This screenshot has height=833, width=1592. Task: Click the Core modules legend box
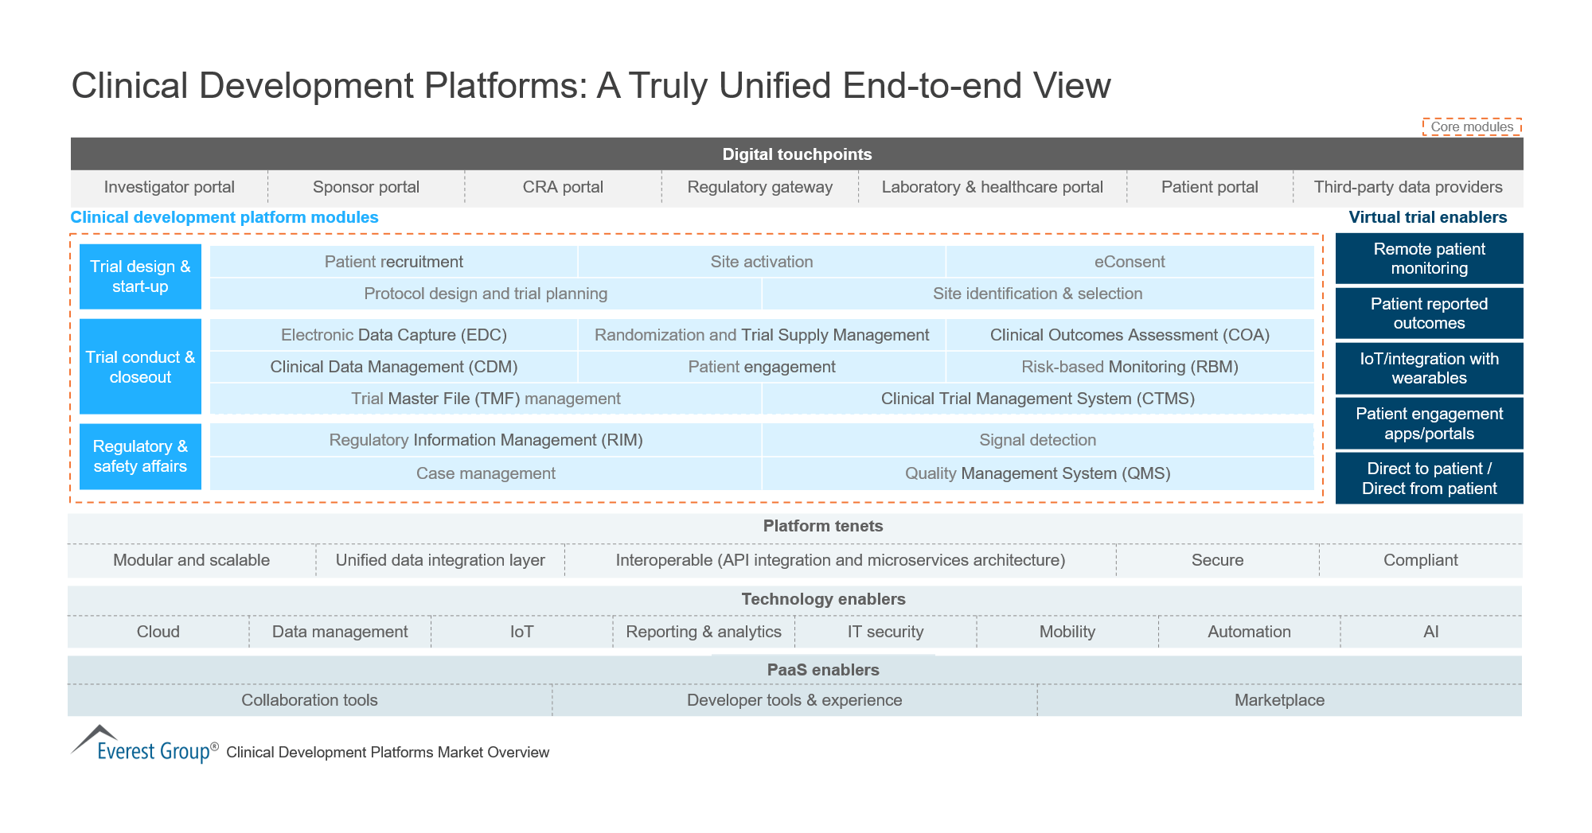click(1472, 127)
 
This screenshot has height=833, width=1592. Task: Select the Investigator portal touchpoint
click(169, 187)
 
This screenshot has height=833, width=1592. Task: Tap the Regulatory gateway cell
click(759, 187)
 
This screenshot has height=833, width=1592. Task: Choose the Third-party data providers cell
click(1407, 187)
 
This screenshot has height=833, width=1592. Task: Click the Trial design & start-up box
click(140, 276)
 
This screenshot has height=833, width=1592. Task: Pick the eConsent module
click(1129, 262)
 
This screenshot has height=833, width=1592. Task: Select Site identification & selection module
click(1037, 294)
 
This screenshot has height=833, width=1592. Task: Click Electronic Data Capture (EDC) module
click(393, 335)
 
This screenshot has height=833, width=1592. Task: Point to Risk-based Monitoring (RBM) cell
click(1129, 367)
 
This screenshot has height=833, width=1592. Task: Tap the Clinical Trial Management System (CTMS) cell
click(1037, 399)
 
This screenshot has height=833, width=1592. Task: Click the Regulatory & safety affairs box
click(140, 456)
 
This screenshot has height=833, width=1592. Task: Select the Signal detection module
click(1037, 440)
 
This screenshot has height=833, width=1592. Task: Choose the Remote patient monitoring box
click(1429, 259)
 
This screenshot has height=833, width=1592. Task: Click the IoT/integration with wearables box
click(1429, 368)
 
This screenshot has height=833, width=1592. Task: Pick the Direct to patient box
click(1429, 478)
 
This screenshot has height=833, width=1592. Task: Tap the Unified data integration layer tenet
click(439, 560)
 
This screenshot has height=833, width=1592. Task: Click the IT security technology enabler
click(885, 632)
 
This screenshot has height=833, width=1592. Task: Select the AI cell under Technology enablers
click(1430, 632)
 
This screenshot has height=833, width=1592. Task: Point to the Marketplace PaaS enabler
click(1279, 700)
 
